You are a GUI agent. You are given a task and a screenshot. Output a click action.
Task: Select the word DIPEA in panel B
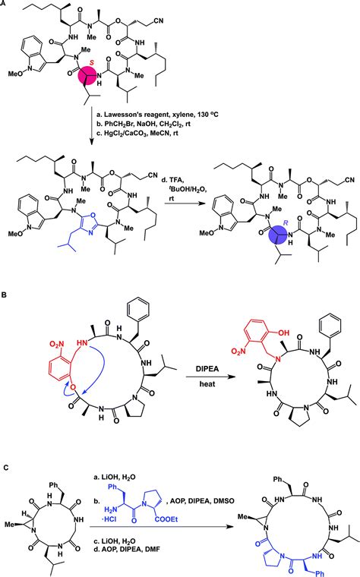(x=191, y=367)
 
